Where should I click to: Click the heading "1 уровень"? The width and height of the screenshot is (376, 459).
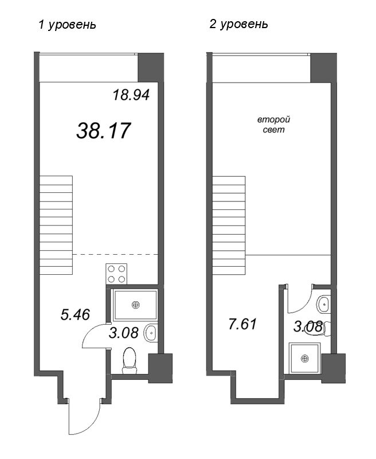click(66, 25)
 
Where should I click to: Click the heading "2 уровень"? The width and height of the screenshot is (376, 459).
click(238, 25)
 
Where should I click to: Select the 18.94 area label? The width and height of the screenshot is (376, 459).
click(131, 95)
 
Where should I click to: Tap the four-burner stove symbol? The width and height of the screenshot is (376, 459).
click(116, 273)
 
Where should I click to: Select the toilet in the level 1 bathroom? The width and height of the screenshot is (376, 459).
click(131, 359)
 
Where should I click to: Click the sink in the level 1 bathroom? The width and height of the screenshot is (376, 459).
click(150, 331)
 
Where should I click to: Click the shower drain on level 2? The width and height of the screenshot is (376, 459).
click(305, 358)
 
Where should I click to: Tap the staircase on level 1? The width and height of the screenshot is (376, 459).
click(56, 219)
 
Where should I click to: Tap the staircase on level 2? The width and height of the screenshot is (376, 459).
click(229, 219)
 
